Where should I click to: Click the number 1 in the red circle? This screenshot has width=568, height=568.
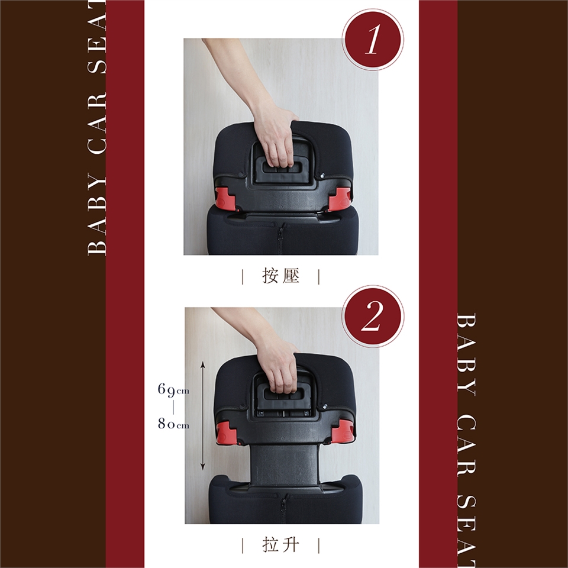point(373,40)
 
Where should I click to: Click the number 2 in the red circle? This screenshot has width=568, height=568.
point(372,316)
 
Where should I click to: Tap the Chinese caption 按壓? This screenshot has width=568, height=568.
point(280,276)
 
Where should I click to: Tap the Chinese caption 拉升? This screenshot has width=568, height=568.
point(280,545)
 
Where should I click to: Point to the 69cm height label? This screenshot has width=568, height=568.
point(173,390)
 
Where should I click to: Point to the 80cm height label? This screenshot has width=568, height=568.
point(173,423)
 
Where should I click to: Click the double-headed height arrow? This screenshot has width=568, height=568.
point(203,415)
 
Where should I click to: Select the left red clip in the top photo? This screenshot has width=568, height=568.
point(225,198)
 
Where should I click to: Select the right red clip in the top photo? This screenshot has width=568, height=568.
point(340,199)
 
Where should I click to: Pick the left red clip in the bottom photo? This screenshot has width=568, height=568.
point(227,433)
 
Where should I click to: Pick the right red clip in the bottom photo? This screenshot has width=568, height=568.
point(343,431)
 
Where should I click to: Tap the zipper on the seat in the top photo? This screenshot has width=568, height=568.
point(280,238)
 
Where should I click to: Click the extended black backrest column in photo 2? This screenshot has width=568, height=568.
point(285,465)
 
